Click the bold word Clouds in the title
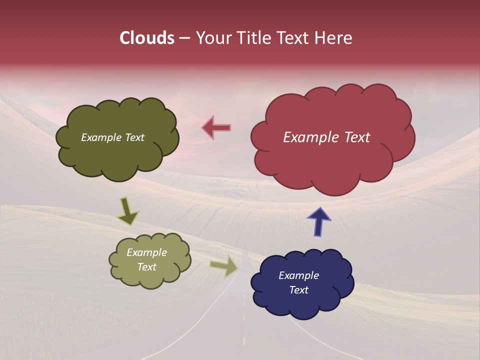pyautogui.click(x=146, y=38)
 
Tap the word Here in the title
pyautogui.click(x=334, y=38)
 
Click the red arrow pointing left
pyautogui.click(x=216, y=127)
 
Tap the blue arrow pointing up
pyautogui.click(x=318, y=220)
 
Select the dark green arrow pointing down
pyautogui.click(x=127, y=211)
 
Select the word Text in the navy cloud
pyautogui.click(x=298, y=290)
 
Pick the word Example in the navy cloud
pyautogui.click(x=298, y=275)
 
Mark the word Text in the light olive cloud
pyautogui.click(x=146, y=267)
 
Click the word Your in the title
pyautogui.click(x=209, y=38)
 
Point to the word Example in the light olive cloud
pyautogui.click(x=146, y=252)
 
